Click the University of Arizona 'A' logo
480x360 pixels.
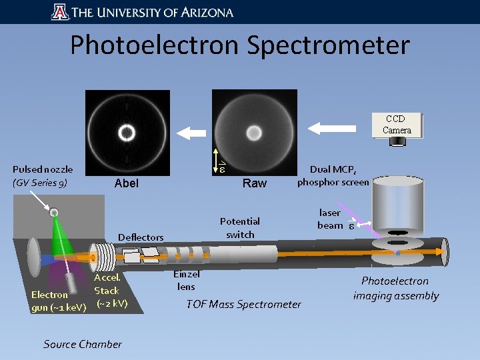tap(59, 12)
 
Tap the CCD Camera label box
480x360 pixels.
tap(397, 125)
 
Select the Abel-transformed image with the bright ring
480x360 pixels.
tap(127, 133)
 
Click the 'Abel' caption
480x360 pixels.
tap(127, 183)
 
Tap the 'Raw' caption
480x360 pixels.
tap(255, 183)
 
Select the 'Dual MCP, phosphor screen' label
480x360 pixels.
tap(333, 176)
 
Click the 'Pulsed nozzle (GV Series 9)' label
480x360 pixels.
tap(42, 176)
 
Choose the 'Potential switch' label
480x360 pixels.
tap(240, 227)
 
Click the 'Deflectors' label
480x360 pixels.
tap(141, 237)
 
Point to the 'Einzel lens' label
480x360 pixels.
tap(187, 280)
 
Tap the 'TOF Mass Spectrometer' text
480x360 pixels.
tap(244, 305)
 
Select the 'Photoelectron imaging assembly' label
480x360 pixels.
tap(396, 288)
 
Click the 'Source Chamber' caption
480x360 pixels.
tap(83, 344)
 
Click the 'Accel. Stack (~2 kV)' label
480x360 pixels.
tap(109, 290)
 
